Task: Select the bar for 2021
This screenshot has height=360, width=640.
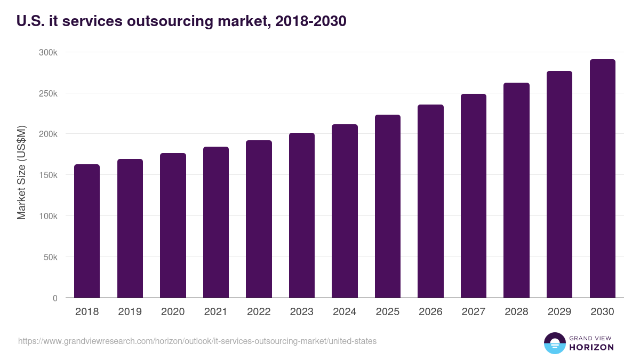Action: pyautogui.click(x=215, y=222)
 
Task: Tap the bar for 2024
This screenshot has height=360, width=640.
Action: pyautogui.click(x=345, y=211)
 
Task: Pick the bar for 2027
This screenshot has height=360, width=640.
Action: pyautogui.click(x=473, y=196)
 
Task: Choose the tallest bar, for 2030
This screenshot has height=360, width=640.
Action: pyautogui.click(x=602, y=179)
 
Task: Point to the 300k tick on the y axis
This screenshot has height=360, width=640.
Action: pyautogui.click(x=47, y=52)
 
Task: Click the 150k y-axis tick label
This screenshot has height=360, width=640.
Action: pyautogui.click(x=47, y=175)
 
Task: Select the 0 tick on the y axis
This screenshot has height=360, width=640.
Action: pyautogui.click(x=55, y=298)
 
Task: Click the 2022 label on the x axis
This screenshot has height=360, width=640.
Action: pyautogui.click(x=259, y=312)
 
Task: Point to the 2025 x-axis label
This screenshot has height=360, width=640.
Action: pyautogui.click(x=388, y=312)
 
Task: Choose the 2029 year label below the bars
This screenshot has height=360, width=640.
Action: pyautogui.click(x=559, y=312)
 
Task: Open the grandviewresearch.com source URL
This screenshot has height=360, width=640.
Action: pyautogui.click(x=197, y=341)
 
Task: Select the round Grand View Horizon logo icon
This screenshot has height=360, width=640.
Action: pyautogui.click(x=555, y=343)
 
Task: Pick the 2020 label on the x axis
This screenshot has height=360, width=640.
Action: pyautogui.click(x=173, y=312)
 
